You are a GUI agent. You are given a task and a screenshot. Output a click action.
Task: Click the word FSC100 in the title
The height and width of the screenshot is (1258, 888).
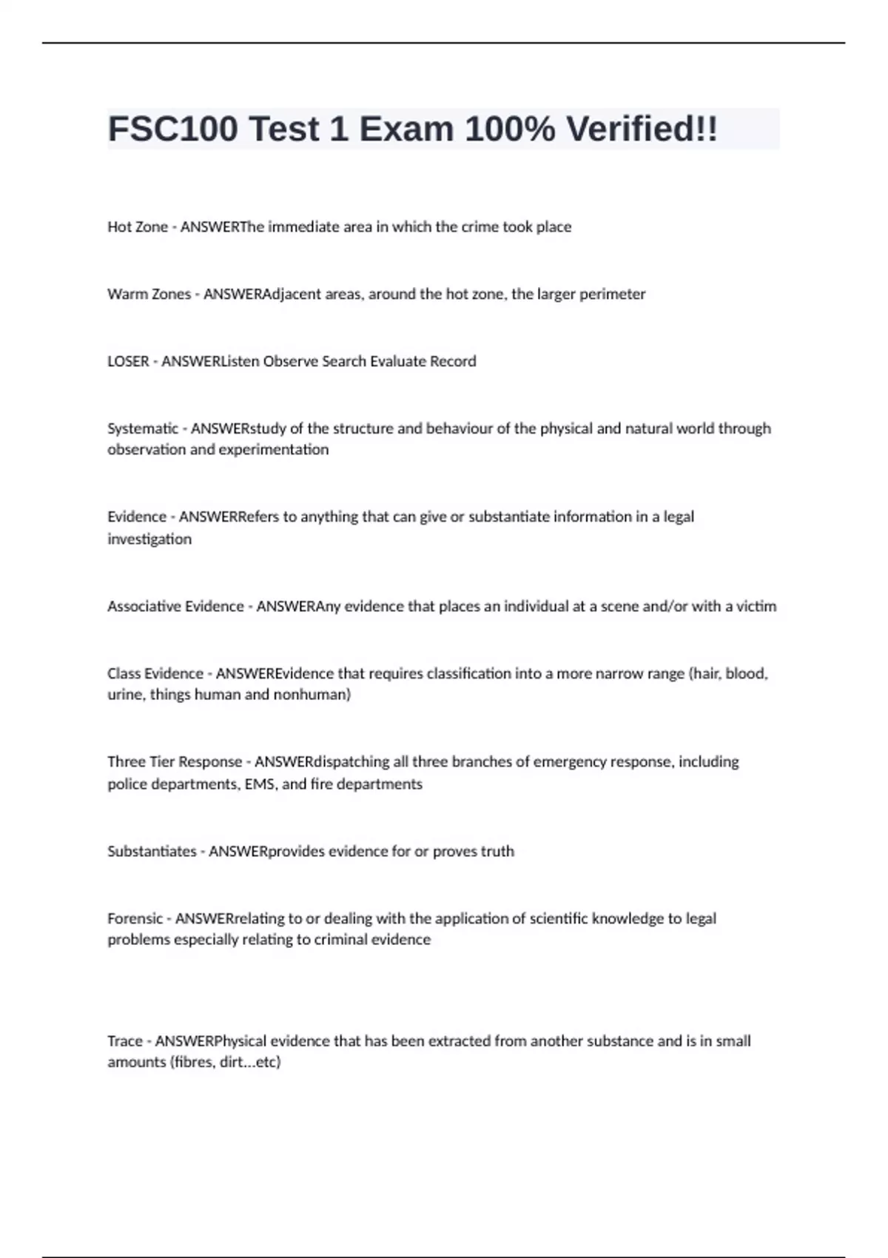click(173, 129)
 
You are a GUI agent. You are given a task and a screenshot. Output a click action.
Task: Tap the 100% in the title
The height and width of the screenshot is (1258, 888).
click(510, 129)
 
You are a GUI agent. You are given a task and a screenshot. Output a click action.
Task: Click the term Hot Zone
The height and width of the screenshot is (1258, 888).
click(138, 227)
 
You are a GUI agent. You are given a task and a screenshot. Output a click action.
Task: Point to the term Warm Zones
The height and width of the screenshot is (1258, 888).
click(149, 295)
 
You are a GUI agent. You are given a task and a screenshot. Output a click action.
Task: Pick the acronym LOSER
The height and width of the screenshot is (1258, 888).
click(128, 362)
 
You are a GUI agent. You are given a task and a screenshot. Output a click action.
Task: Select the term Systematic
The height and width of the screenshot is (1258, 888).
click(143, 429)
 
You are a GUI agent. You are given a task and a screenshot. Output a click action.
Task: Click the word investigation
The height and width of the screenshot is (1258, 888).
click(149, 539)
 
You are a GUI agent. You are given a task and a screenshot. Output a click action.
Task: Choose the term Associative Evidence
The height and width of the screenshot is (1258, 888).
click(175, 607)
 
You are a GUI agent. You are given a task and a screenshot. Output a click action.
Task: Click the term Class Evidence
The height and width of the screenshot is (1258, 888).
click(155, 674)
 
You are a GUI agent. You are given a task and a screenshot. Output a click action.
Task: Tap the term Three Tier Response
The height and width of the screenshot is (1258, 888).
click(175, 762)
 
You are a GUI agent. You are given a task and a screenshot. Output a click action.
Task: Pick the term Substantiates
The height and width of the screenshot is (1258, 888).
click(152, 852)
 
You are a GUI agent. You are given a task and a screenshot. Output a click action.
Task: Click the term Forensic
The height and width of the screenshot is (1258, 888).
click(135, 919)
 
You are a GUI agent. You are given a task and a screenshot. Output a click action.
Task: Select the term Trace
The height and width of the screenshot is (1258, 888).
click(124, 1041)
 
